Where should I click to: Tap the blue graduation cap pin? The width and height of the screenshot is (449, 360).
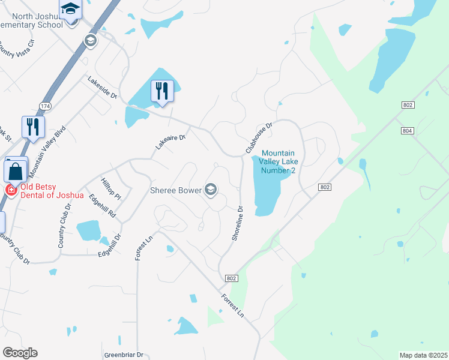point(70,10)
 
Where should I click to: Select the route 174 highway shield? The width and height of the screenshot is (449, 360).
point(45,106)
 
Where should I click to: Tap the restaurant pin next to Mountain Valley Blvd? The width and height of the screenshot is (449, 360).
point(33,127)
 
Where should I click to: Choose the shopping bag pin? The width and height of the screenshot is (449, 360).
point(15,170)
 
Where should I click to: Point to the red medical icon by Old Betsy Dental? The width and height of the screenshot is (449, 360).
point(10,190)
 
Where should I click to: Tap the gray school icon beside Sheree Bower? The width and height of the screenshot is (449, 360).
point(210,190)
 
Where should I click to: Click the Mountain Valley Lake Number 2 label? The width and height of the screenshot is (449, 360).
point(279,161)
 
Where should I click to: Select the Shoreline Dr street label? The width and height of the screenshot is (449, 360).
point(237,224)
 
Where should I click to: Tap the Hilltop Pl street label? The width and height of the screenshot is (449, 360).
point(112,188)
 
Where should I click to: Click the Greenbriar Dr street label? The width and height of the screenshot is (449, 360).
point(124,355)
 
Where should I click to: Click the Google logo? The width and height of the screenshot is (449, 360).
point(20,353)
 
